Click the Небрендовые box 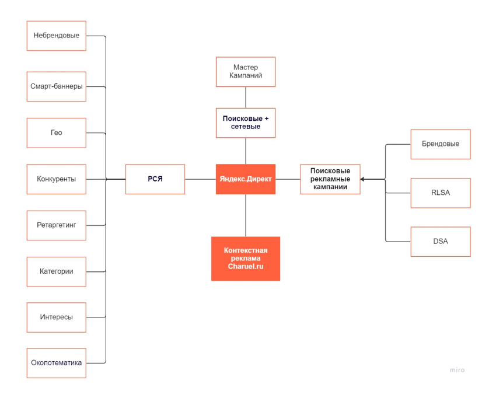[x=56, y=36]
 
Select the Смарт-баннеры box [x=56, y=86]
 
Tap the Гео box [x=56, y=133]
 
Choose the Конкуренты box [x=56, y=179]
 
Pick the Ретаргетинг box [x=56, y=225]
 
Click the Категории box [x=56, y=271]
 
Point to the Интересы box [x=56, y=317]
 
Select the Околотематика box [x=56, y=363]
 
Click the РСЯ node [x=155, y=179]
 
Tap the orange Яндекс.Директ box [x=246, y=179]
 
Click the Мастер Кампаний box [x=246, y=72]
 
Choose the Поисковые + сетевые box [x=246, y=123]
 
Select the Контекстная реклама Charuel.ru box [x=246, y=259]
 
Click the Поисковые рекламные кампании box [x=330, y=179]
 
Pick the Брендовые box [x=441, y=144]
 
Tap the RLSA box [x=441, y=193]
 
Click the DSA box [x=441, y=242]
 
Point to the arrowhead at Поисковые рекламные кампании [x=362, y=179]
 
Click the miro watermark [x=457, y=370]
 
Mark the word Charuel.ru [x=246, y=266]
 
